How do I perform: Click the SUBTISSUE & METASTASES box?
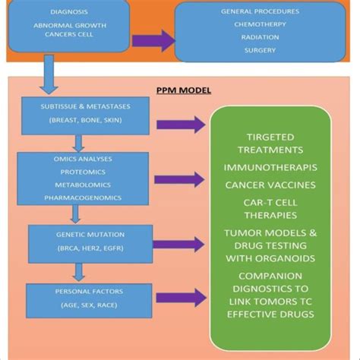coord(86,115)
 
